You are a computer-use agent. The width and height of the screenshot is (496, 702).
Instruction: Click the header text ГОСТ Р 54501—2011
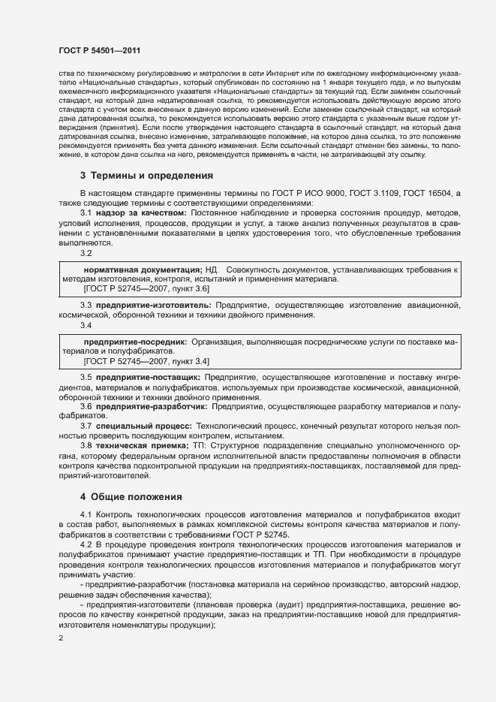(x=99, y=49)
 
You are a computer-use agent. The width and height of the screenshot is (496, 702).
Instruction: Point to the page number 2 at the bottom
(x=61, y=639)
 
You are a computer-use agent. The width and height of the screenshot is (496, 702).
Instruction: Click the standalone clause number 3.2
(x=86, y=253)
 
